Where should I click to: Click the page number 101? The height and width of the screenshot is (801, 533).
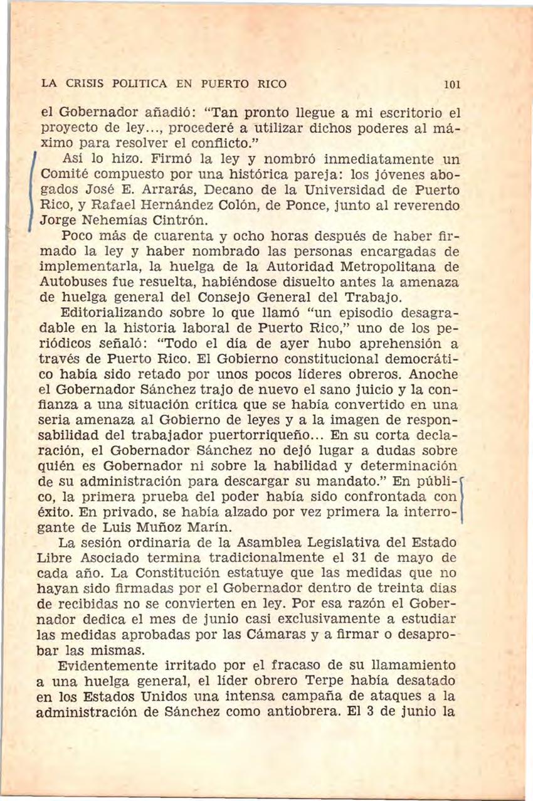coord(450,83)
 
